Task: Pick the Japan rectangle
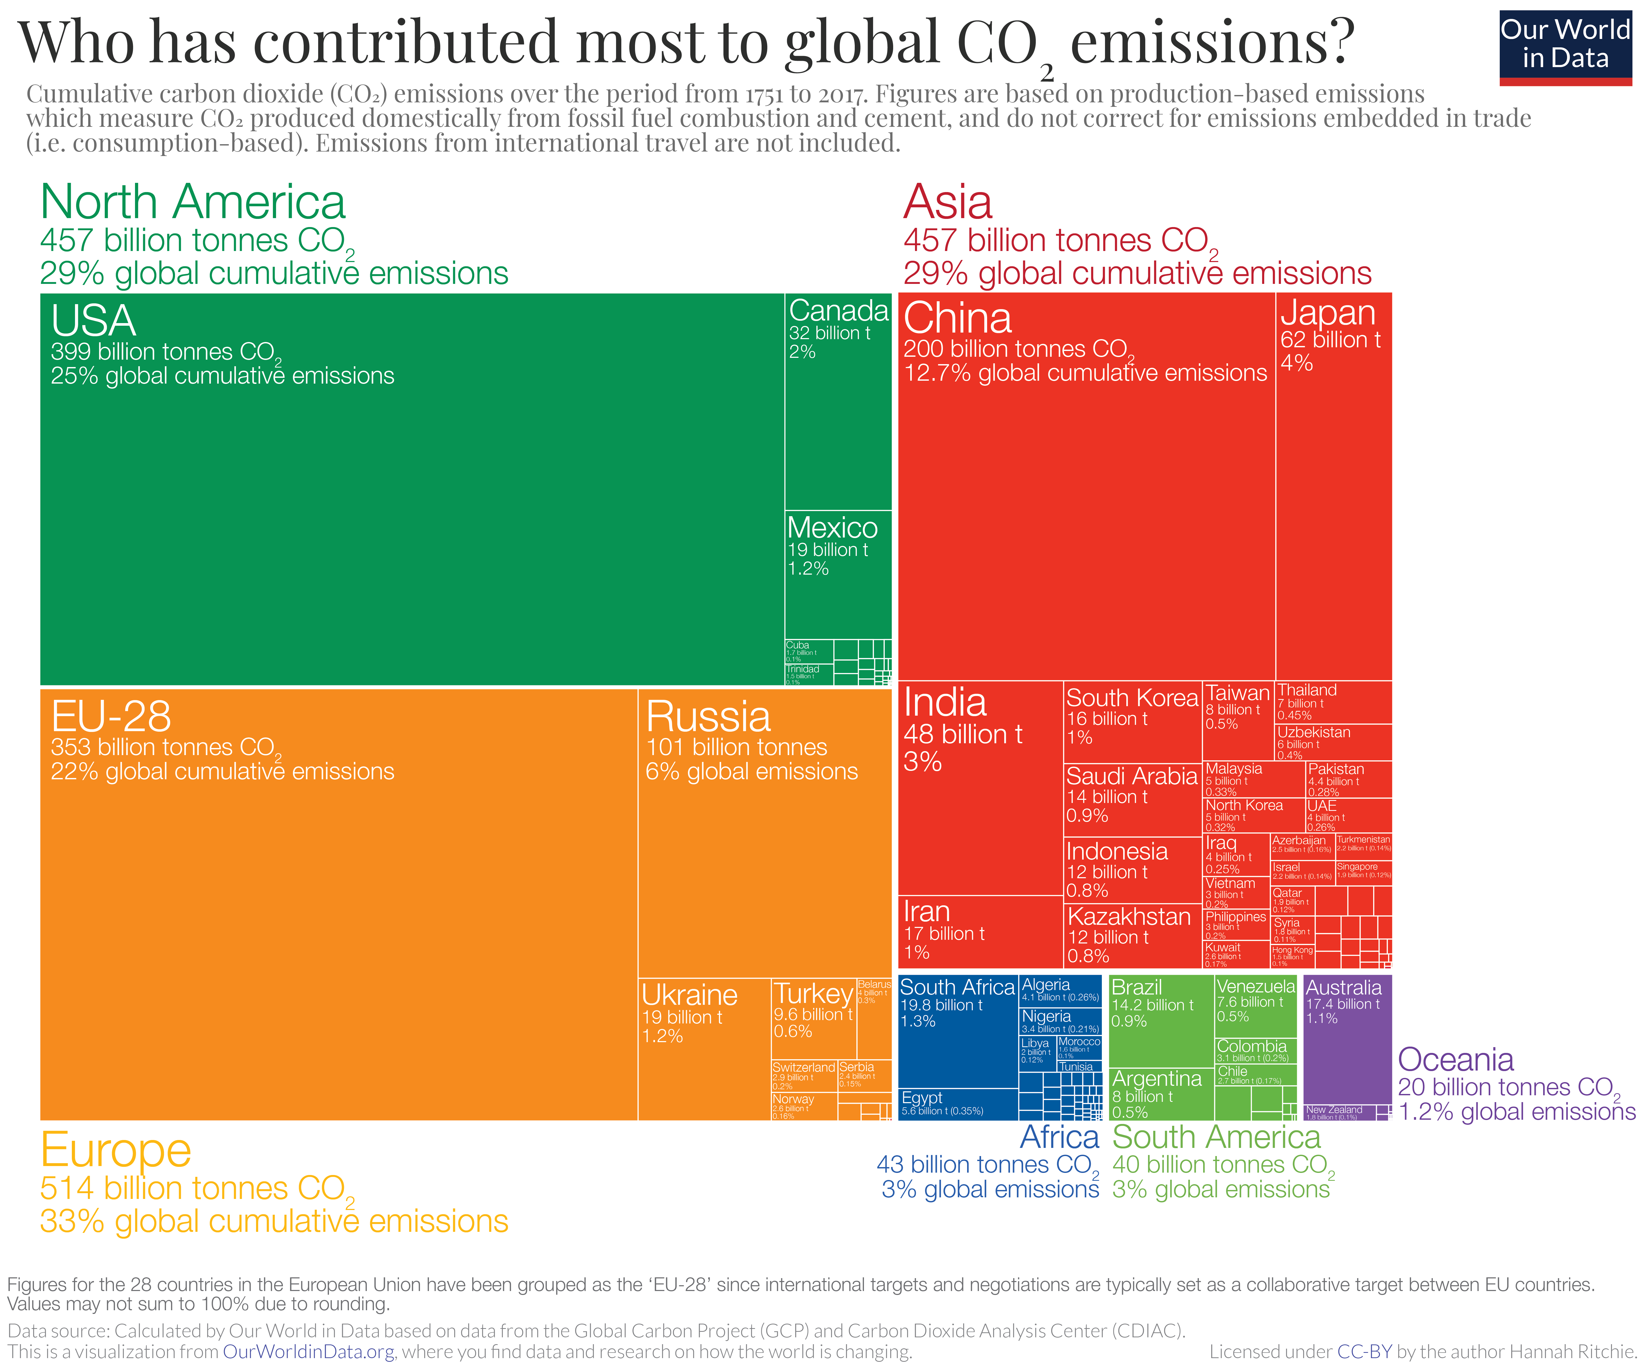pos(1333,485)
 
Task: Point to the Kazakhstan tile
pos(1132,936)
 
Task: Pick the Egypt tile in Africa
pos(957,1104)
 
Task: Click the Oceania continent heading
pos(1456,1059)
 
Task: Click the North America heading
pos(193,202)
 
